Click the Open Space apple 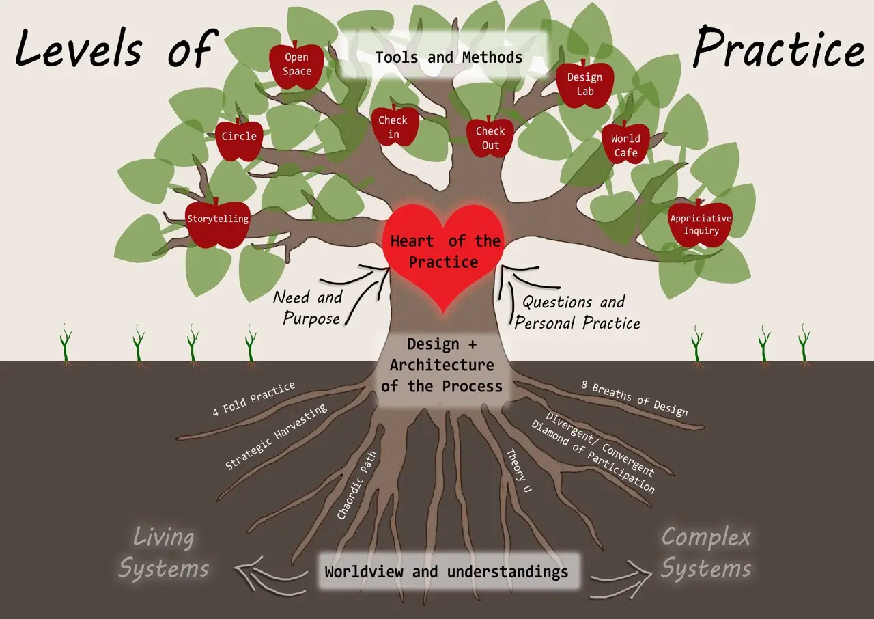coord(297,66)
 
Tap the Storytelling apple coord(217,221)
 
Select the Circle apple coord(239,138)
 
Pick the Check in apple coord(393,126)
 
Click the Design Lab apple coord(584,84)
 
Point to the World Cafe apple coord(625,144)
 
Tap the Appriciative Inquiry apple coord(700,225)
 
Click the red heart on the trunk coord(445,253)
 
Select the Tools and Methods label coord(449,57)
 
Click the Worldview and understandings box coord(447,572)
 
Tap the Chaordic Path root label coord(357,485)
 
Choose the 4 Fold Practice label coord(253,399)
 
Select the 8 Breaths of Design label coord(634,399)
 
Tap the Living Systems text coord(164,553)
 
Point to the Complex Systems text coord(706,553)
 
